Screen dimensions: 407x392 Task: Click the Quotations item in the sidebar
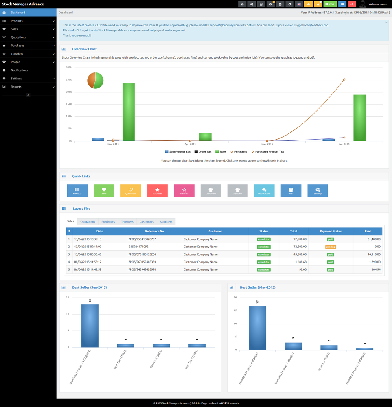(18, 37)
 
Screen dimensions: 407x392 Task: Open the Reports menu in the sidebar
(16, 87)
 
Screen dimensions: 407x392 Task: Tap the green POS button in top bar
(330, 4)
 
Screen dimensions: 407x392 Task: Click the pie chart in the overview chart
(95, 81)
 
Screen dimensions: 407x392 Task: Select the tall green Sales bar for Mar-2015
(129, 112)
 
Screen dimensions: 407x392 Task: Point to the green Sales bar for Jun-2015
(359, 118)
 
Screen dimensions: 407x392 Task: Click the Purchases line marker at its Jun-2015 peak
(344, 79)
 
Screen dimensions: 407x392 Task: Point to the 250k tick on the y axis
(69, 80)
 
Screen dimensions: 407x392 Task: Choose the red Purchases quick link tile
(157, 190)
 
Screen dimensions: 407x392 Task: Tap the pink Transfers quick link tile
(184, 190)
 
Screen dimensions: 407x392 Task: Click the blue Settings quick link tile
(318, 190)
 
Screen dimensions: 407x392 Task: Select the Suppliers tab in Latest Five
(166, 222)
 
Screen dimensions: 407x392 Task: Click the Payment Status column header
(331, 231)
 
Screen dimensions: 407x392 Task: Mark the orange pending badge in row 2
(331, 247)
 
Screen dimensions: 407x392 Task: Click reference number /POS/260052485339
(142, 262)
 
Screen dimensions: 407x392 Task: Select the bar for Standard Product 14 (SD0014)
(90, 326)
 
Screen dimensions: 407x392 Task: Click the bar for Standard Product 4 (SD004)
(258, 328)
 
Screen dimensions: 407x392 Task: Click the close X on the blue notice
(386, 23)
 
